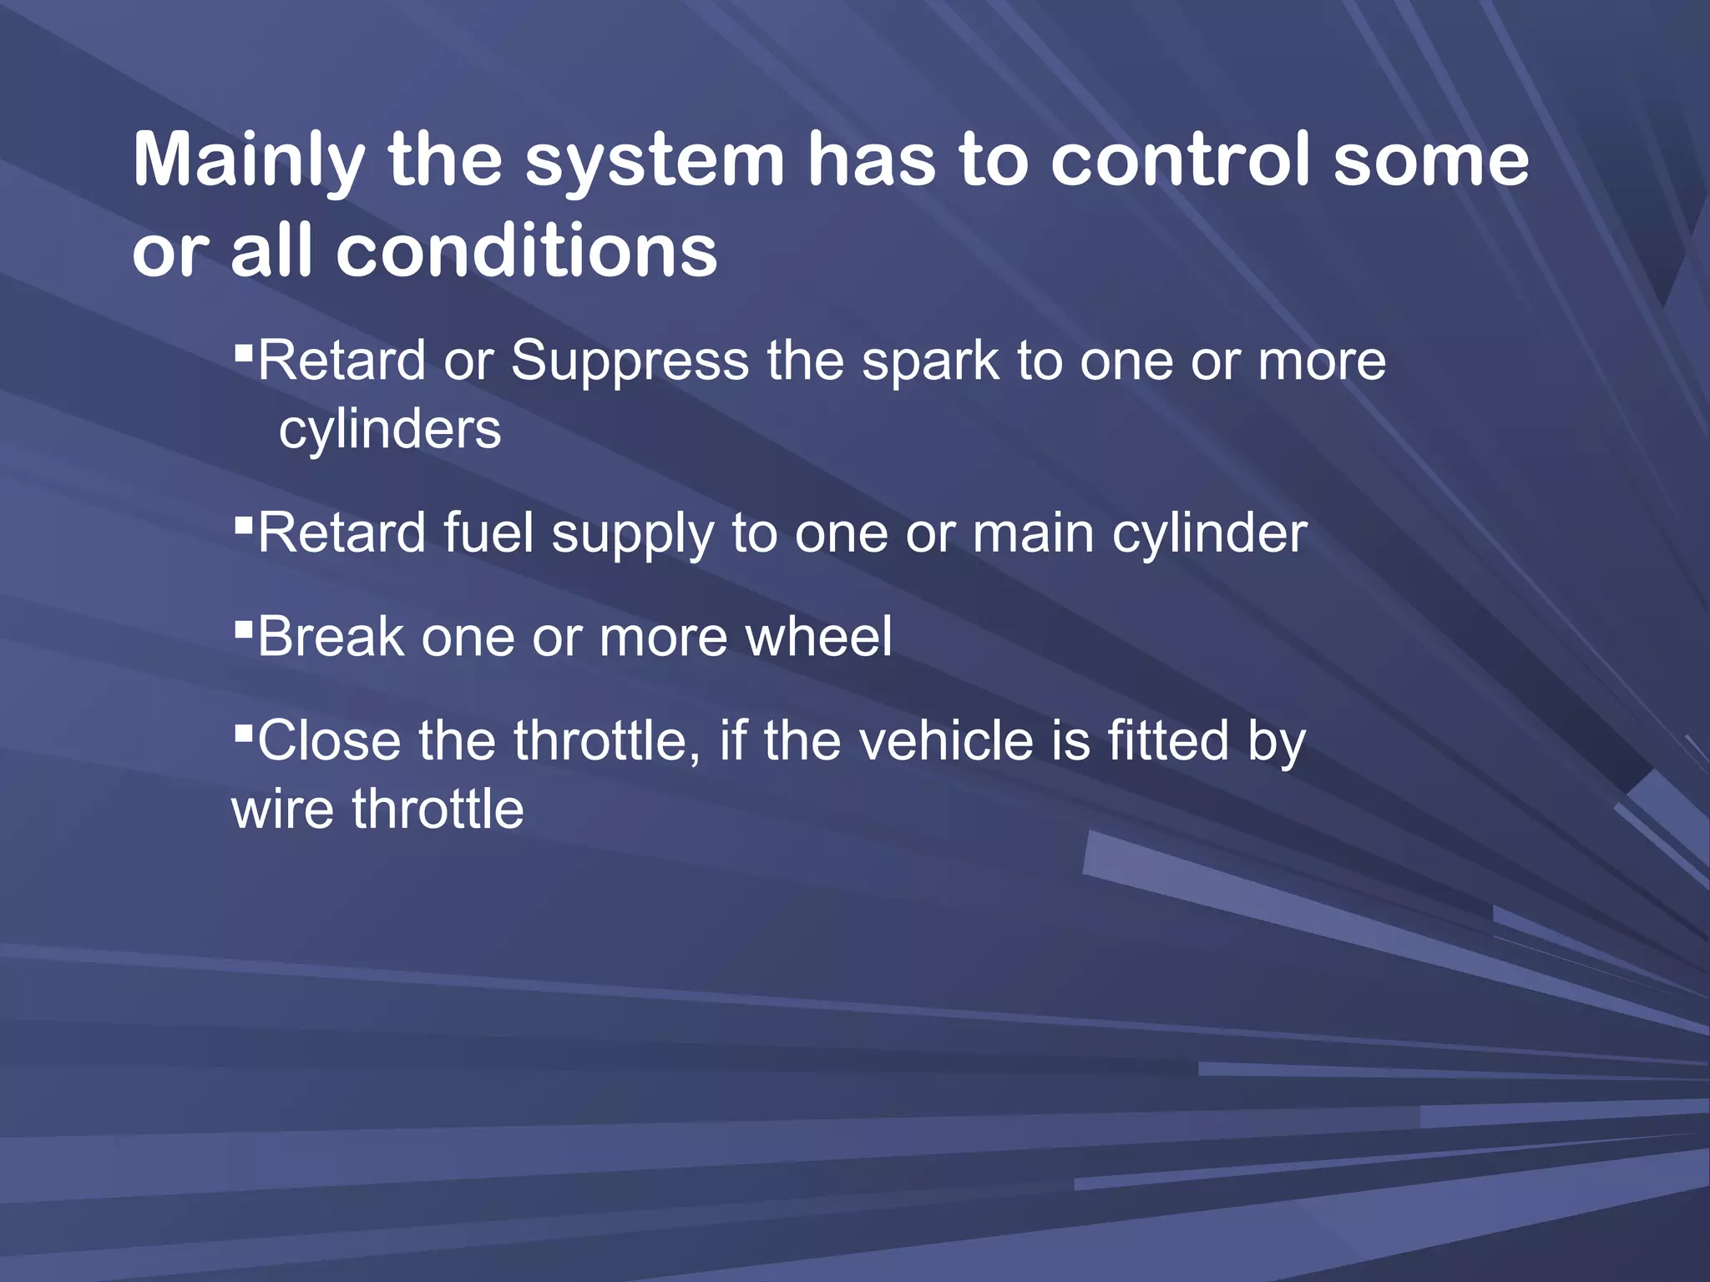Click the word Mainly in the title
tap(249, 160)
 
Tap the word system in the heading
tap(654, 160)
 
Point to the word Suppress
tap(630, 361)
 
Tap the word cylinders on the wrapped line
tap(390, 431)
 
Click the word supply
tap(633, 535)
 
